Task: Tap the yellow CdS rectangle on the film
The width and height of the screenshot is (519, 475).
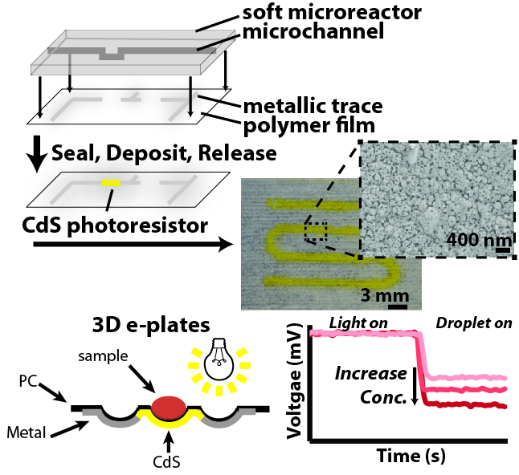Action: click(111, 183)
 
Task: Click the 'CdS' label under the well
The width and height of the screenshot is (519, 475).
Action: click(170, 463)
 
